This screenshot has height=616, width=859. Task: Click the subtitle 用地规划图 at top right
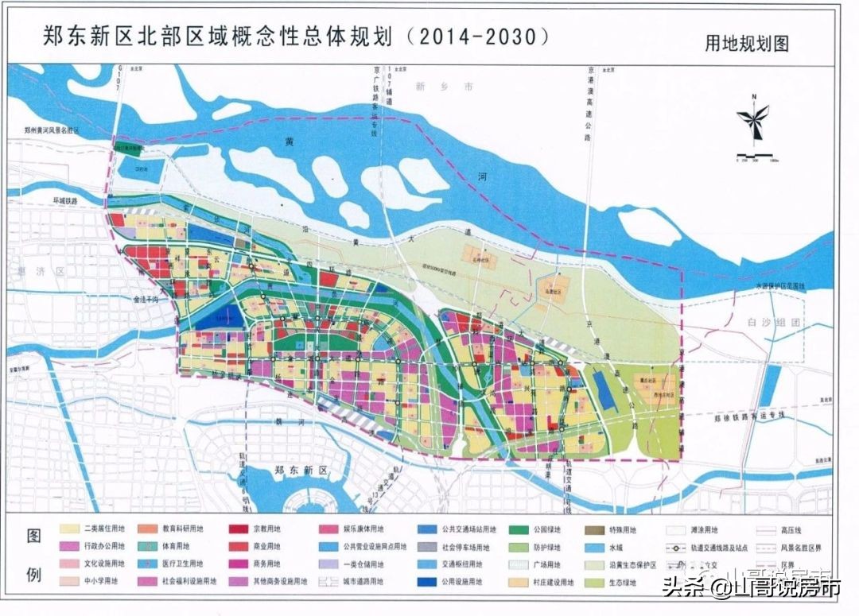(746, 44)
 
